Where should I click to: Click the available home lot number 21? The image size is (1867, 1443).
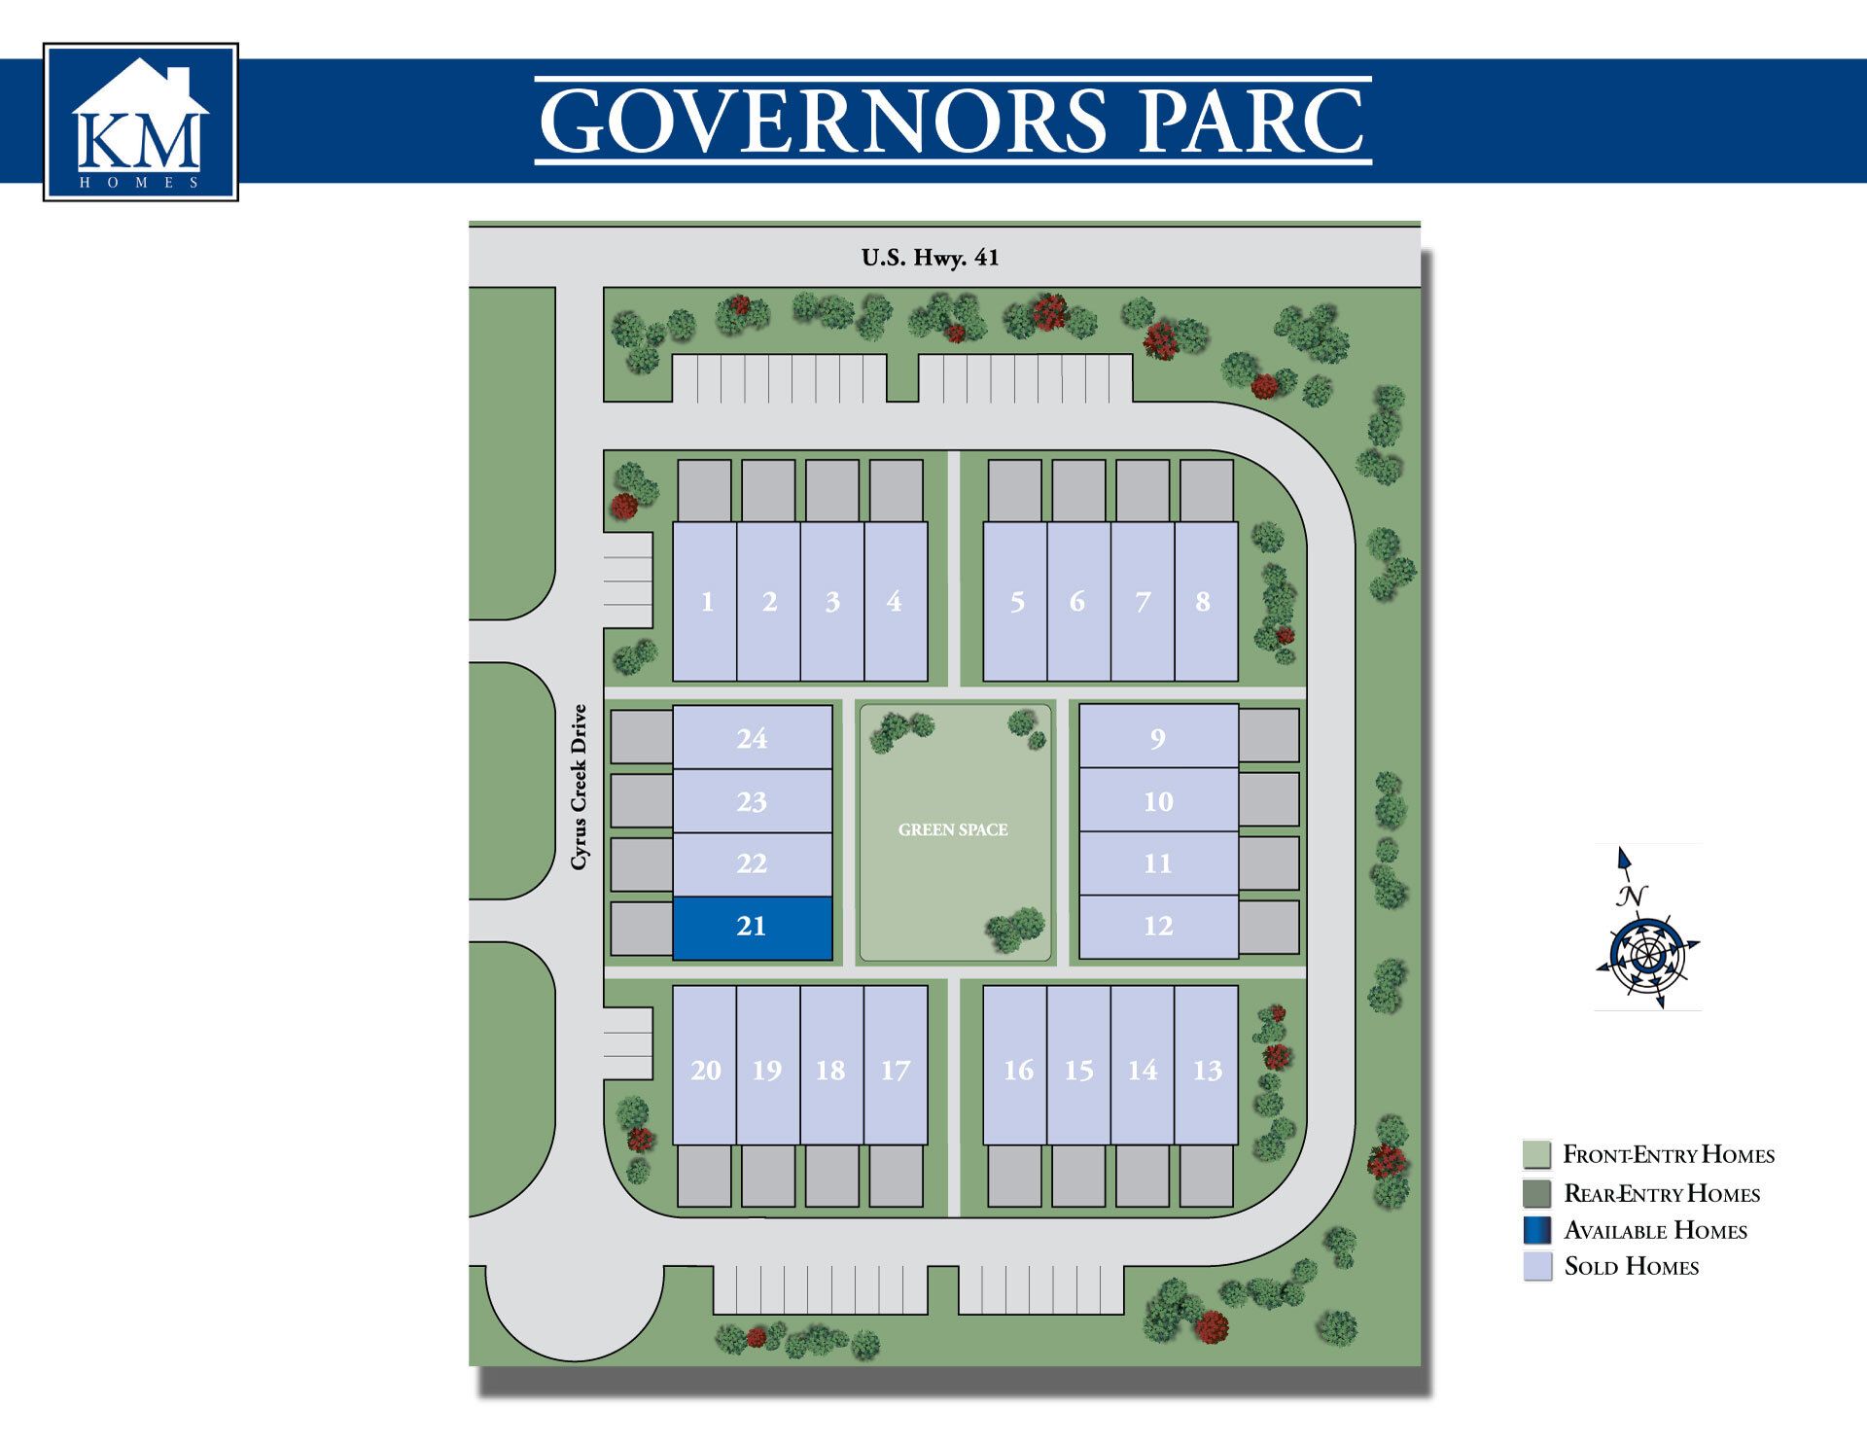(x=752, y=928)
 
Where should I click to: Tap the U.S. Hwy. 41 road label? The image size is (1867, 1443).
(x=930, y=258)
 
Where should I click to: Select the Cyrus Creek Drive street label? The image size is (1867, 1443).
(x=580, y=787)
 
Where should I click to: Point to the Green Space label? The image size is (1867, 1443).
(x=953, y=829)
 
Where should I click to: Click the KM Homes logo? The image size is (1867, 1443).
(x=141, y=123)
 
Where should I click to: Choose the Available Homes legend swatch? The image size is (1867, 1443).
(x=1537, y=1230)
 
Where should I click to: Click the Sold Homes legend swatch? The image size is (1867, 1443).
(x=1537, y=1266)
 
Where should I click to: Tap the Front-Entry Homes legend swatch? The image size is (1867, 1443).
(x=1537, y=1154)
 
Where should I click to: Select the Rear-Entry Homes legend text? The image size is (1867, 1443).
(x=1662, y=1193)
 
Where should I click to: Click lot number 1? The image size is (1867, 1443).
(x=707, y=602)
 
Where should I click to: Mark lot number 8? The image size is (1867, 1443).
(x=1204, y=602)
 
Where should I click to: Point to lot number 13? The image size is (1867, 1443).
(x=1207, y=1071)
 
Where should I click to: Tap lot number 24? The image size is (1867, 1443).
(x=752, y=739)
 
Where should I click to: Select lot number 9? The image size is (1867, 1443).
(x=1157, y=739)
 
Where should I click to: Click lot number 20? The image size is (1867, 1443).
(x=706, y=1071)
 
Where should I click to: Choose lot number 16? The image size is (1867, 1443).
(x=1018, y=1071)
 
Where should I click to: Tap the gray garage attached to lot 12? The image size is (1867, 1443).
(x=1269, y=928)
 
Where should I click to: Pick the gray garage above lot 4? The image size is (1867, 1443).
(x=896, y=490)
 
